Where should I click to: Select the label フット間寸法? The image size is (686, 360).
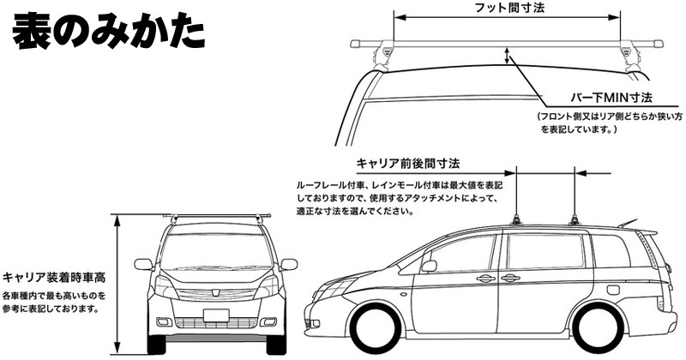[x=508, y=7]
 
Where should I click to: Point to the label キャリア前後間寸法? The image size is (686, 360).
[x=408, y=162]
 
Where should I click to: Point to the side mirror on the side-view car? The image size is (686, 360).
[x=429, y=264]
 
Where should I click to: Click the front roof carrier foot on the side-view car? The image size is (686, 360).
[x=520, y=219]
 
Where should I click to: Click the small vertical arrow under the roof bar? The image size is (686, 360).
[x=508, y=57]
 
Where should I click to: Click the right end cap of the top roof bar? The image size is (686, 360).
[x=658, y=42]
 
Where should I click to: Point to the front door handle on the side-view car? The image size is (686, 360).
[x=485, y=278]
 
